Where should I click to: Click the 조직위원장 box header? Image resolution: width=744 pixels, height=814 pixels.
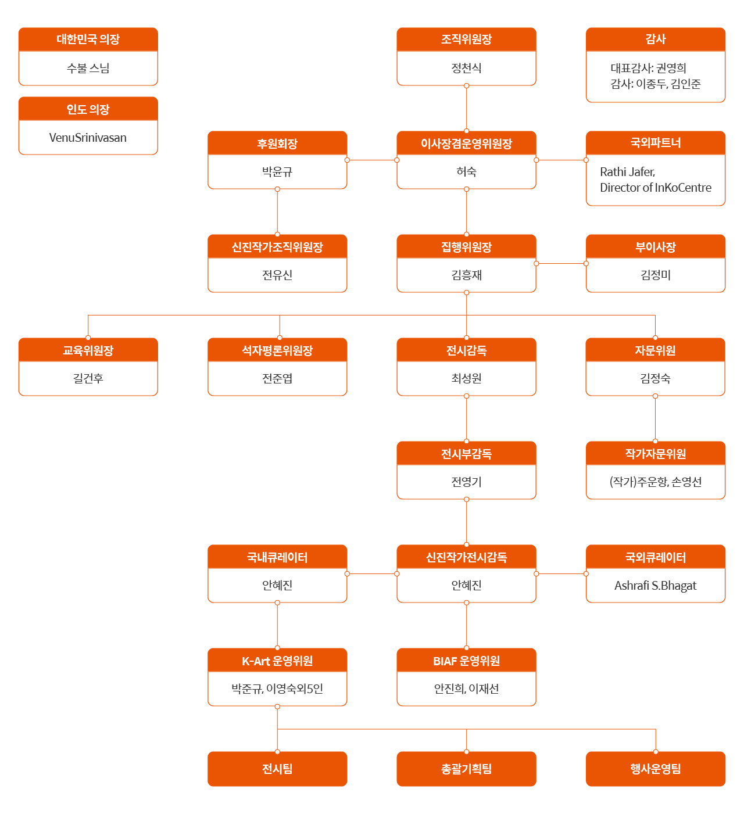[466, 40]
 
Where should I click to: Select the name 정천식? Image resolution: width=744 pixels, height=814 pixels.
[466, 68]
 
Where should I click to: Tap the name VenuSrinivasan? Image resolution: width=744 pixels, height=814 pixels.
[88, 138]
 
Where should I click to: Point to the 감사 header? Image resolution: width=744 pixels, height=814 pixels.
[655, 40]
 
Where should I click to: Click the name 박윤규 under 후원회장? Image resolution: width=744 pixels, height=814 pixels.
[277, 171]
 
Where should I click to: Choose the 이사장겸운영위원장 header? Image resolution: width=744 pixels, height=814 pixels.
[466, 144]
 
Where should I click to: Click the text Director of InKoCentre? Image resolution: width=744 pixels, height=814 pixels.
[655, 188]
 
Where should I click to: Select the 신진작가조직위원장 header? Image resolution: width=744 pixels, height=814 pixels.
[277, 247]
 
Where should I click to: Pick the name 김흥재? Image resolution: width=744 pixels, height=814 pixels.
[466, 275]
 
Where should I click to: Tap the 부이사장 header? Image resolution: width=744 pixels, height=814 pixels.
[655, 247]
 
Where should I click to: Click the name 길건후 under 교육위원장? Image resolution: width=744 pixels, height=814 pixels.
[88, 378]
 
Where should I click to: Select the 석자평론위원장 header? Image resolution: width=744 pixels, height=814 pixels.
[277, 350]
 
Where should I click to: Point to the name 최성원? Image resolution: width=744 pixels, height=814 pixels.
[466, 378]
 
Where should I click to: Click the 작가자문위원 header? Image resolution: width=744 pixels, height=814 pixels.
[655, 454]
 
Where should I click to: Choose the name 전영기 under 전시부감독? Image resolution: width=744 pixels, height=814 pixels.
[466, 482]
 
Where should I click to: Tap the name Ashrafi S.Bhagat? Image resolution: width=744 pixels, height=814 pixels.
[655, 585]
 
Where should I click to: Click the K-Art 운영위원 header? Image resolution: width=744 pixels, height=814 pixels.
[277, 661]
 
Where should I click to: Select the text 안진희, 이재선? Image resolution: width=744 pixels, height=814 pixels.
[466, 689]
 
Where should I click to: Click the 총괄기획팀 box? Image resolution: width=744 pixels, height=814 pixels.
[466, 769]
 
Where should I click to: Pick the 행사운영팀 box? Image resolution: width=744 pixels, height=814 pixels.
[655, 769]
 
